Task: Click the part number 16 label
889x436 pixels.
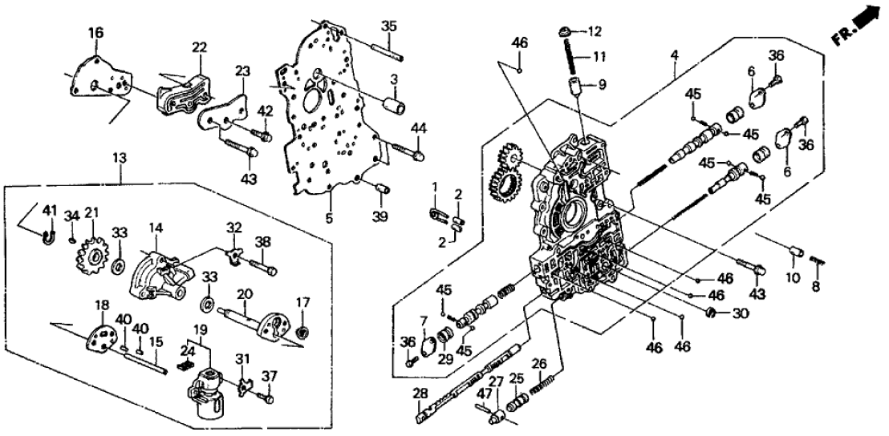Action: click(95, 33)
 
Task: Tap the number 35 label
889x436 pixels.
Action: click(389, 26)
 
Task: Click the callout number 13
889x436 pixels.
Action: click(118, 158)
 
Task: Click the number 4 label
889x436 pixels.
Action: click(675, 54)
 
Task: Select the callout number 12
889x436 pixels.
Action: click(594, 31)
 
